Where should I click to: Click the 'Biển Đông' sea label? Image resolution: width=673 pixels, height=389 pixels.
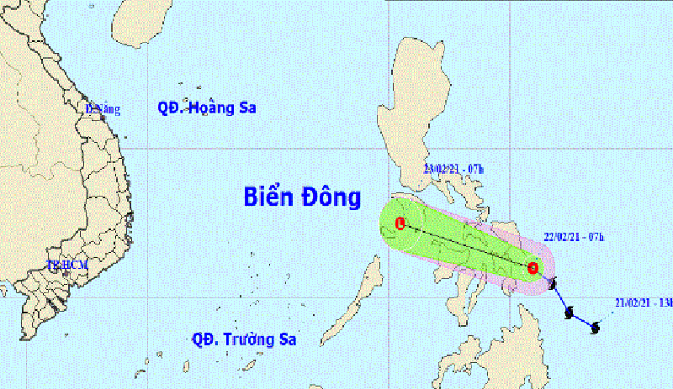click(302, 198)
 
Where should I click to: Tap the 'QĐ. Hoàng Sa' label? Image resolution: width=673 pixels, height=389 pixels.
click(206, 108)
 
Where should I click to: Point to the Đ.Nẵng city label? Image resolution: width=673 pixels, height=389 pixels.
click(103, 108)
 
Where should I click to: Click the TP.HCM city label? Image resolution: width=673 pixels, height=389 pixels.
click(67, 265)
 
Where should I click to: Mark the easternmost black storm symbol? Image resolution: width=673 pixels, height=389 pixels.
click(596, 327)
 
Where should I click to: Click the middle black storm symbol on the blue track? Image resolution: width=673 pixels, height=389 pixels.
click(570, 313)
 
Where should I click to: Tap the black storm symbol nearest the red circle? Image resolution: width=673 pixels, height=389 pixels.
click(552, 285)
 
